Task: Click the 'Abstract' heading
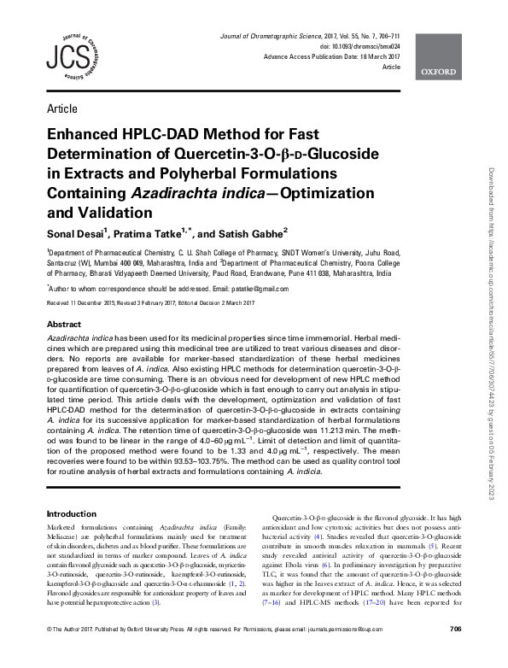[x=64, y=325]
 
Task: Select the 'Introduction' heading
[x=72, y=513]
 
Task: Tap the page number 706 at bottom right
[x=454, y=653]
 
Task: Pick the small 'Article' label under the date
[x=392, y=66]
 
